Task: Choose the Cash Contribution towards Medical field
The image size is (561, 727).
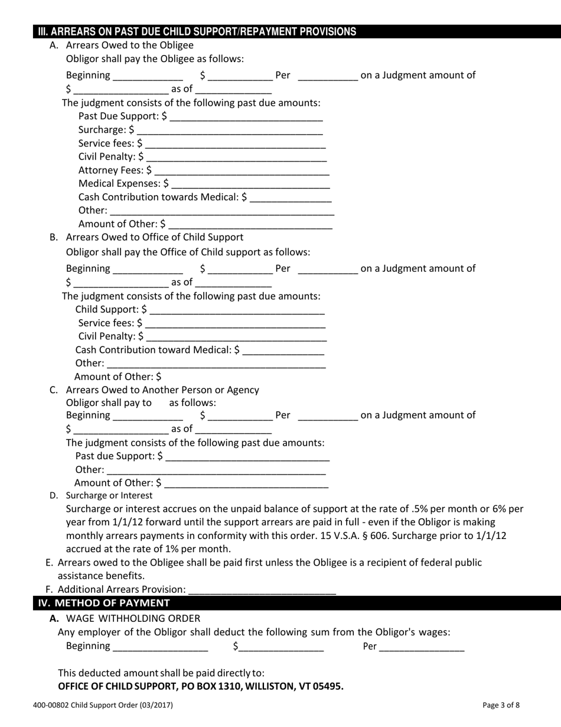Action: point(291,198)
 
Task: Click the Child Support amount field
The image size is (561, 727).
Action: point(237,310)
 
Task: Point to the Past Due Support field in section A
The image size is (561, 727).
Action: point(246,117)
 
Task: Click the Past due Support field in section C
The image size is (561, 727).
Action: point(247,457)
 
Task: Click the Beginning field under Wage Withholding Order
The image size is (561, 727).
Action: point(160,647)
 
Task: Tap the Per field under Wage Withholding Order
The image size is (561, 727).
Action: point(422,647)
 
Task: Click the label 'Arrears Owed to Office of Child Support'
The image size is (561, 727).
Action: point(154,237)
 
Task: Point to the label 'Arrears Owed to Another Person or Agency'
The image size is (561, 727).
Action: point(162,390)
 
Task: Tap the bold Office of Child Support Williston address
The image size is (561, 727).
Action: point(200,686)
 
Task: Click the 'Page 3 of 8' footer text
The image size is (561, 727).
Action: point(501,705)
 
